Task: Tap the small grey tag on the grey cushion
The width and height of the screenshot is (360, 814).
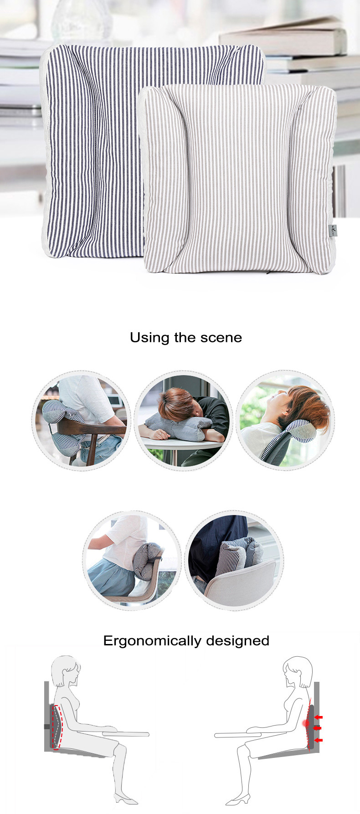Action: [333, 231]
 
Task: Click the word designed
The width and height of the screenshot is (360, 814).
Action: [237, 640]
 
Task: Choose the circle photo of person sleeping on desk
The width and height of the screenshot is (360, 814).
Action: [183, 421]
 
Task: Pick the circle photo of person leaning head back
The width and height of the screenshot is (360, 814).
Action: [285, 421]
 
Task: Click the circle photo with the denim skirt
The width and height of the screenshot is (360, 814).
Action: [132, 559]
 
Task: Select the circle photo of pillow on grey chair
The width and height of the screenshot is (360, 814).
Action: [234, 559]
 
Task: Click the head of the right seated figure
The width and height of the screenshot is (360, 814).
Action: [297, 673]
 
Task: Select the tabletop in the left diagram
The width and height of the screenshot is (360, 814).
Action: [126, 734]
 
